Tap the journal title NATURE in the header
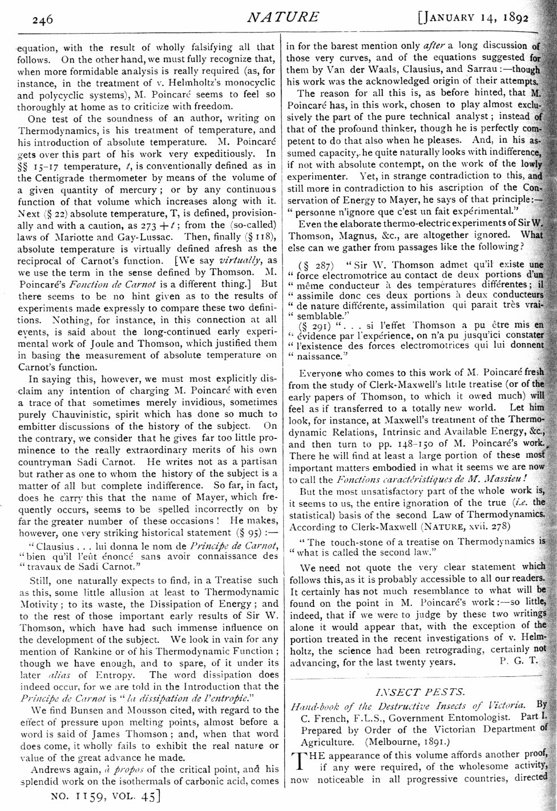(x=283, y=17)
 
